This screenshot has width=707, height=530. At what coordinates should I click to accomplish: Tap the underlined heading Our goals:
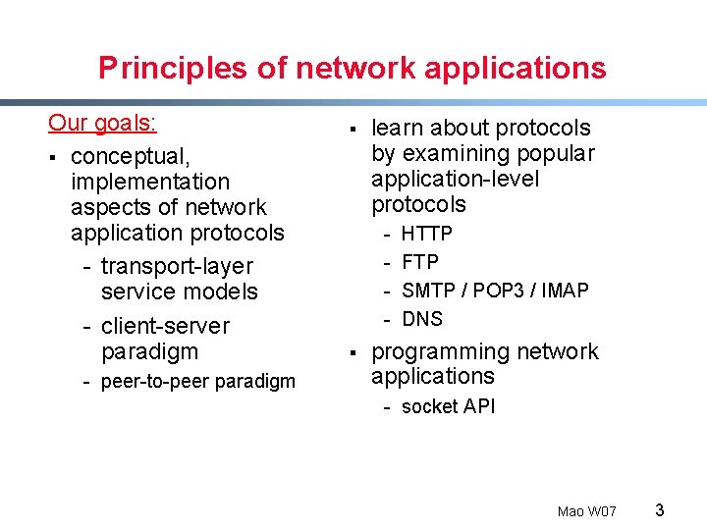pos(103,123)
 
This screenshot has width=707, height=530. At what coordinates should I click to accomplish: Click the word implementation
pos(150,182)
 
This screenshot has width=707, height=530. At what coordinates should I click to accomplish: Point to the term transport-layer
pos(177,266)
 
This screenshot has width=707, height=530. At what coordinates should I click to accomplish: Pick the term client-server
pos(165,326)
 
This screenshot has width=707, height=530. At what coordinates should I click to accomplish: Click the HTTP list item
pos(427,234)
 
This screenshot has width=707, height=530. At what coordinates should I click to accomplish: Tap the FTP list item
pos(420,262)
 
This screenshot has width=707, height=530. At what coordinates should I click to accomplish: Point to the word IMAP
pos(566,291)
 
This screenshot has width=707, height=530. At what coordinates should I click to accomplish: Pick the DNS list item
pos(422,319)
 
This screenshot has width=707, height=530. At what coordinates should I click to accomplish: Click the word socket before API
pos(430,406)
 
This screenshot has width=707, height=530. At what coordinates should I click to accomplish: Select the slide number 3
pos(660,509)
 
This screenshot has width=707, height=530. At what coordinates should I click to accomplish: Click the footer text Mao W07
pos(586,511)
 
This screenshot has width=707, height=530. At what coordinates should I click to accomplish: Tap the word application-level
pos(456,179)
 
